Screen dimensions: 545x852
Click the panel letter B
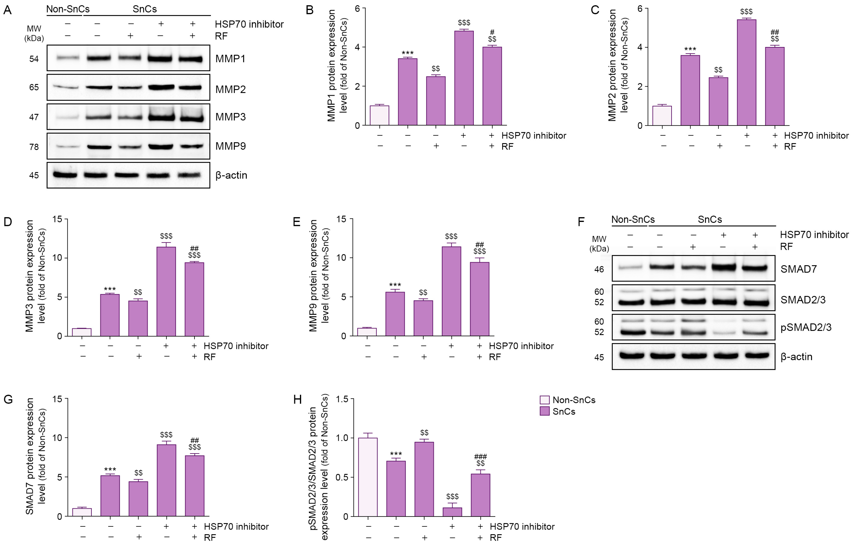[x=310, y=10]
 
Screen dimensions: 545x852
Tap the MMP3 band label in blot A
[x=230, y=117]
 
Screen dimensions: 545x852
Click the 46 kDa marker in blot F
[x=599, y=270]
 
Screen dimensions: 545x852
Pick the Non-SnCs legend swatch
[x=544, y=400]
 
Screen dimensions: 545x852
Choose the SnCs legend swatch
[x=544, y=411]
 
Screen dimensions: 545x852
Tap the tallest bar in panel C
[x=746, y=73]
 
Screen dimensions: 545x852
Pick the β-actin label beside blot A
[x=231, y=175]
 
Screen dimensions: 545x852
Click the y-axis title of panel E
[x=318, y=276]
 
